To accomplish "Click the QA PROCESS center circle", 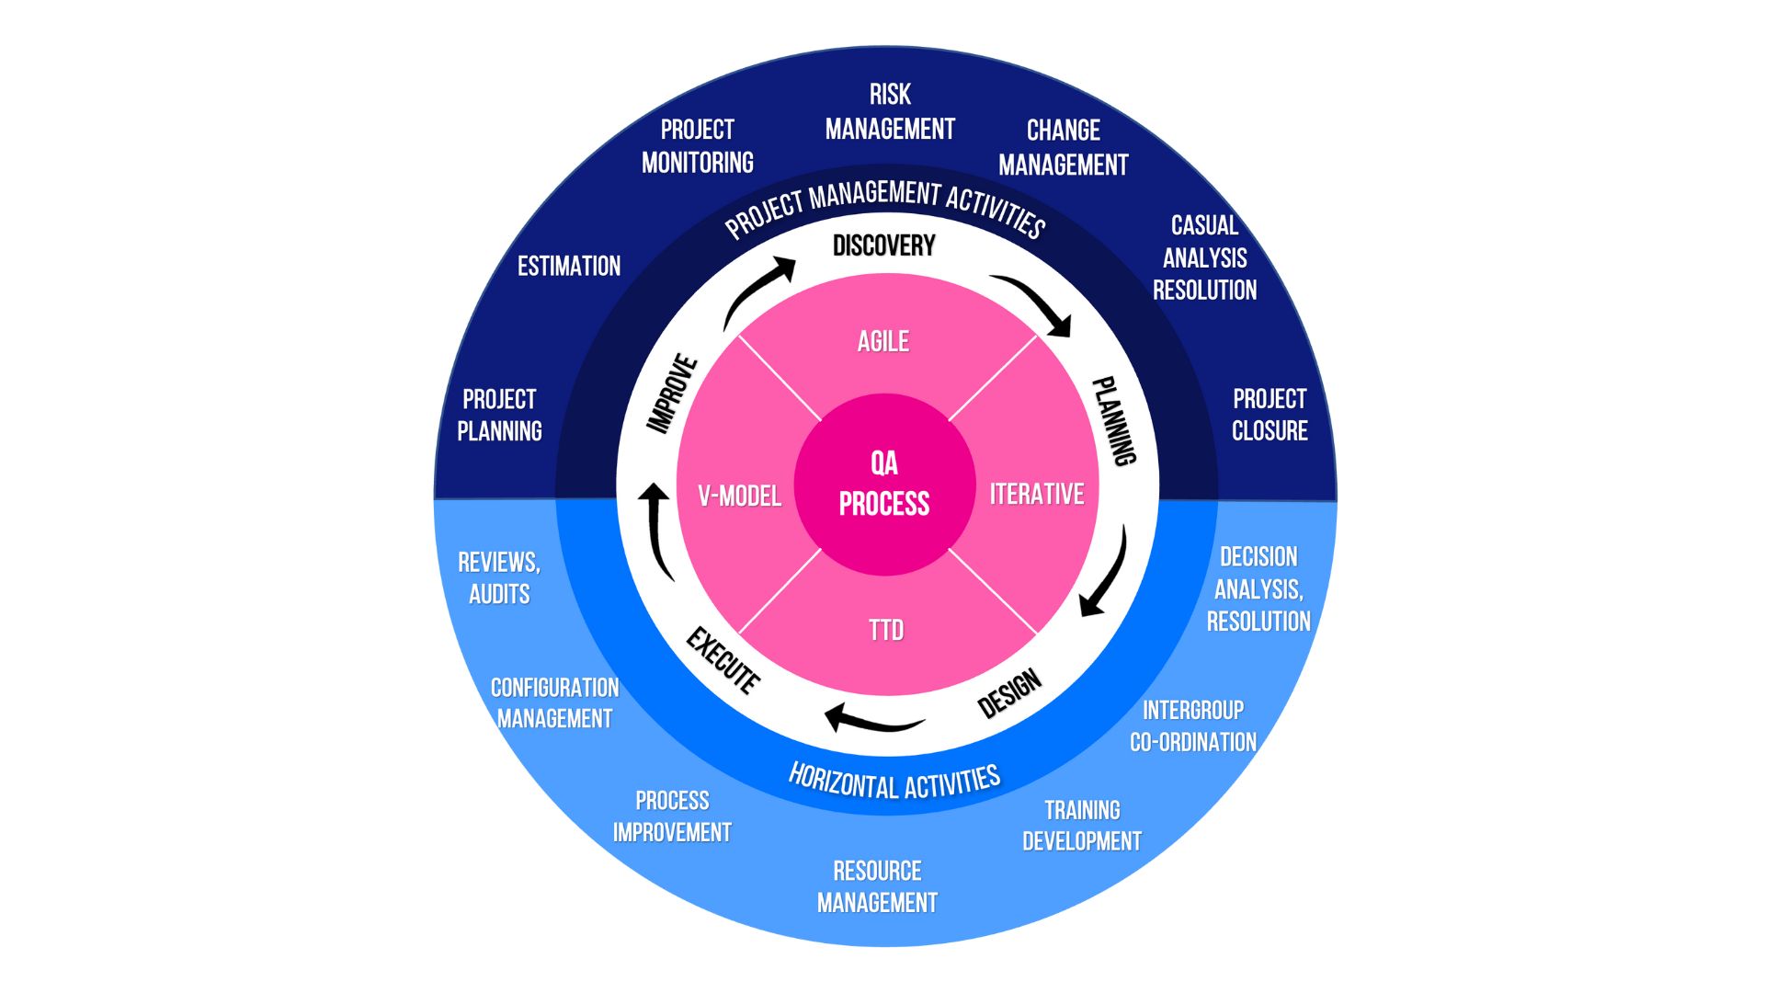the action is point(884,485).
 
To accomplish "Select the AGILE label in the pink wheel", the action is point(883,342).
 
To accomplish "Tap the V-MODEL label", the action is point(740,496).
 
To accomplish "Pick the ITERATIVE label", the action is point(1037,495).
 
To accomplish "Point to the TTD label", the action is point(886,631).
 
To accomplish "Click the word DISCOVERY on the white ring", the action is point(884,245).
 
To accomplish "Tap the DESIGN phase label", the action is point(1009,694).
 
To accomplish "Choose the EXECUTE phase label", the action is point(723,660).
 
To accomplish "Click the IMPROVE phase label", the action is point(672,394).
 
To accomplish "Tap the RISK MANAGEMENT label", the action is point(890,112).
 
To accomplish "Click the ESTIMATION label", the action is point(569,267).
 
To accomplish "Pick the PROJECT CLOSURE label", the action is point(1270,415).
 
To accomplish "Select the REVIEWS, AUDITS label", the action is point(499,578).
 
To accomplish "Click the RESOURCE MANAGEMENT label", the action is point(877,887).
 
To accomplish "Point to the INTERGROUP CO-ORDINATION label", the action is point(1193,726).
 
